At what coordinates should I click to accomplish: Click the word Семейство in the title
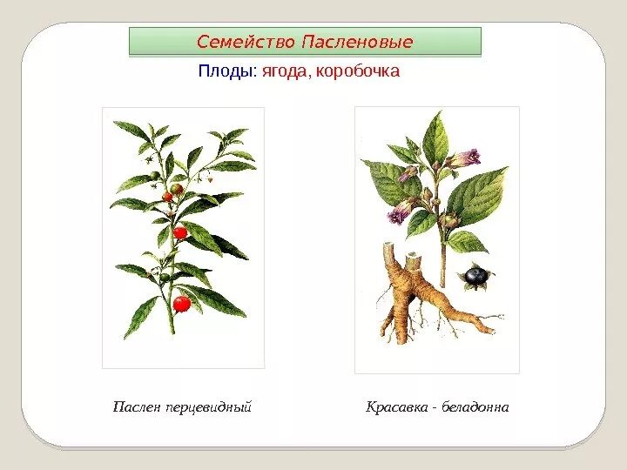[246, 42]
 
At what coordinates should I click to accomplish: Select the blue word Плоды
[226, 71]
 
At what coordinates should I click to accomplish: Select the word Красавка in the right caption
[396, 406]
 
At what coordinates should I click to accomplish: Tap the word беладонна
[475, 406]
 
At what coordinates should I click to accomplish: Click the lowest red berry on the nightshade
[181, 304]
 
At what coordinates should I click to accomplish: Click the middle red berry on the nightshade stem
[180, 232]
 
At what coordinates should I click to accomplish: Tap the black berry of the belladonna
[475, 276]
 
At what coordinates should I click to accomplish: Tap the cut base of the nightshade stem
[172, 333]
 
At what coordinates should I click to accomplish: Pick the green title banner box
[305, 41]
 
